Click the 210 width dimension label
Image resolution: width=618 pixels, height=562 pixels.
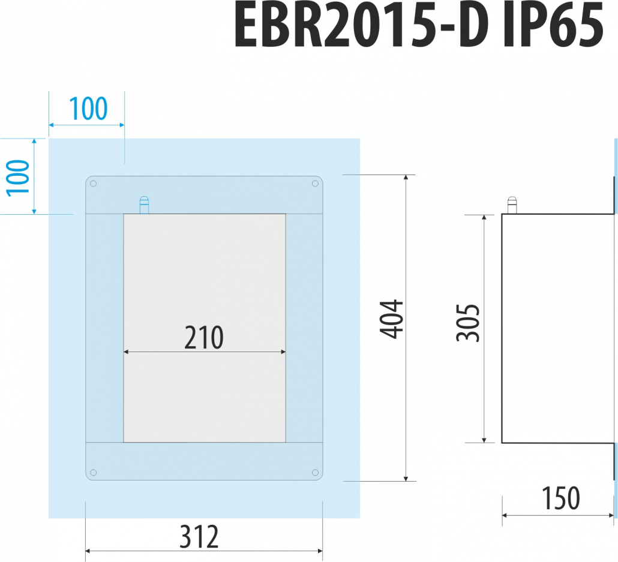[204, 338]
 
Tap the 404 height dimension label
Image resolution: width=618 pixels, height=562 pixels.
[391, 319]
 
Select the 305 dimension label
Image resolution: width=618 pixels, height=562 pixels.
[468, 323]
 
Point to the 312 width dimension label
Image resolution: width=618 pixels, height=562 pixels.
[199, 536]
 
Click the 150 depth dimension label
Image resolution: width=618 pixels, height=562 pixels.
[561, 498]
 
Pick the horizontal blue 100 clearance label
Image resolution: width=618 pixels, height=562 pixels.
[88, 109]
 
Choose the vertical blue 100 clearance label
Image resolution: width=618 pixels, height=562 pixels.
[18, 178]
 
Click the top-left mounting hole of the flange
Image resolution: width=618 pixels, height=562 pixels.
[94, 184]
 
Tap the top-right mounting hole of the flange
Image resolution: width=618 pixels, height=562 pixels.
[315, 184]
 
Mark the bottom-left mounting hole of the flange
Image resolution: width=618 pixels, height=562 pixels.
[94, 473]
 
